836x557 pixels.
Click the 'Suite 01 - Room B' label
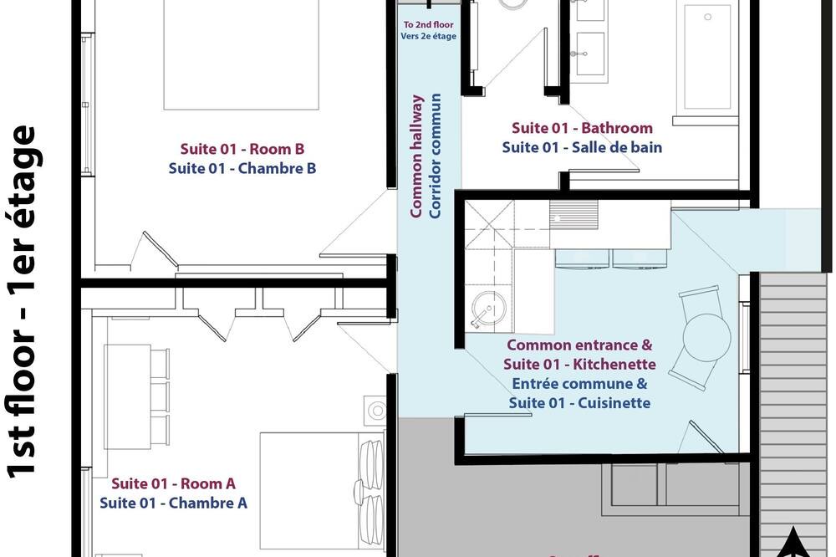242,149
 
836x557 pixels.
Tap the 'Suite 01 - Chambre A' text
173,503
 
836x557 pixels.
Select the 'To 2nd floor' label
428,24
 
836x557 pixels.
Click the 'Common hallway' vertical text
416,156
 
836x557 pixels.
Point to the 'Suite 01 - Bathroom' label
582,128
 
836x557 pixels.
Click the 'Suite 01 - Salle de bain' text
582,147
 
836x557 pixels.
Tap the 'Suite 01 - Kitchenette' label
579,365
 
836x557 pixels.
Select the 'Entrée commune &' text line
579,384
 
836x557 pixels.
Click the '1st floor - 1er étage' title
22,301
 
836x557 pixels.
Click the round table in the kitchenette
706,338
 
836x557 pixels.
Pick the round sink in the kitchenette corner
488,310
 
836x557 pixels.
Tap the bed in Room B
241,54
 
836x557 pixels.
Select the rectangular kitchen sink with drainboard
574,215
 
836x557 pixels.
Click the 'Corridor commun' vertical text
436,156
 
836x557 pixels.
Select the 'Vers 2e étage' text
429,36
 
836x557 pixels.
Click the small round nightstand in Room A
377,411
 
